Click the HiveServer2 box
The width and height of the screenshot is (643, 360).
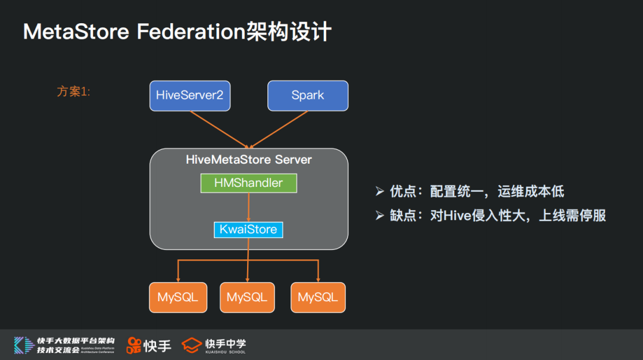point(189,95)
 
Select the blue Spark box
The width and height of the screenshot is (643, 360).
point(308,95)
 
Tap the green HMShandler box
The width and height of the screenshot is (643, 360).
point(248,183)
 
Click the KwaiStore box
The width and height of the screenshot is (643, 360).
point(248,229)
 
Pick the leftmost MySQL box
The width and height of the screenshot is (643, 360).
point(178,297)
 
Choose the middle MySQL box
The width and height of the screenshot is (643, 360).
point(247,297)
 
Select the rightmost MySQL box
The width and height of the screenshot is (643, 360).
point(318,297)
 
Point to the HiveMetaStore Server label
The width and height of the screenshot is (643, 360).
point(248,159)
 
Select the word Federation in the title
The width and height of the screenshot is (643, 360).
point(191,32)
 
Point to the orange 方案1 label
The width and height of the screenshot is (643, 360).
point(73,92)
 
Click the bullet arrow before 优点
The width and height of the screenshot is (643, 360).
point(380,191)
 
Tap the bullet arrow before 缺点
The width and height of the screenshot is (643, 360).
point(380,215)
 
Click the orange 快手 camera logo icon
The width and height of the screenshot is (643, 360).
point(134,345)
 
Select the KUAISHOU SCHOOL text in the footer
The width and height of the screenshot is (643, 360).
point(225,352)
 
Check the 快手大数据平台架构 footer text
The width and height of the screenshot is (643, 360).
point(76,341)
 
